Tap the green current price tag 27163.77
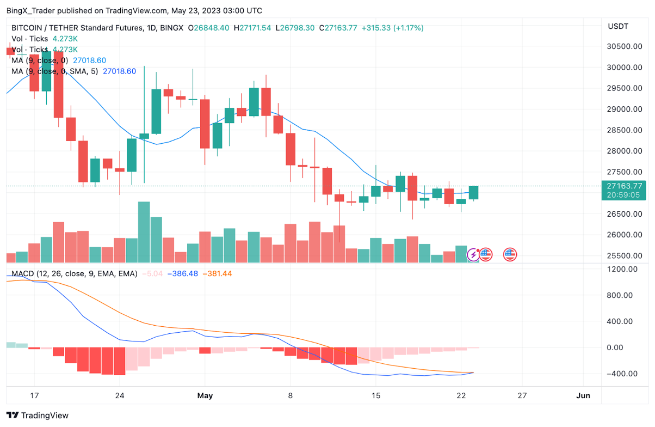pos(623,186)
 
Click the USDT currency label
pos(617,26)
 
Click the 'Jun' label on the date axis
pos(583,395)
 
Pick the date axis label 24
pos(120,395)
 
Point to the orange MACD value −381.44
pos(217,273)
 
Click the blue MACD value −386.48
pos(183,273)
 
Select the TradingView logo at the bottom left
pos(38,415)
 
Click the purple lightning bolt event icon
pos(474,254)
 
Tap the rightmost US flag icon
pos(510,254)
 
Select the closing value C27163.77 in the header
pos(338,28)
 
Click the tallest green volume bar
pos(144,232)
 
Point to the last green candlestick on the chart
pos(473,192)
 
